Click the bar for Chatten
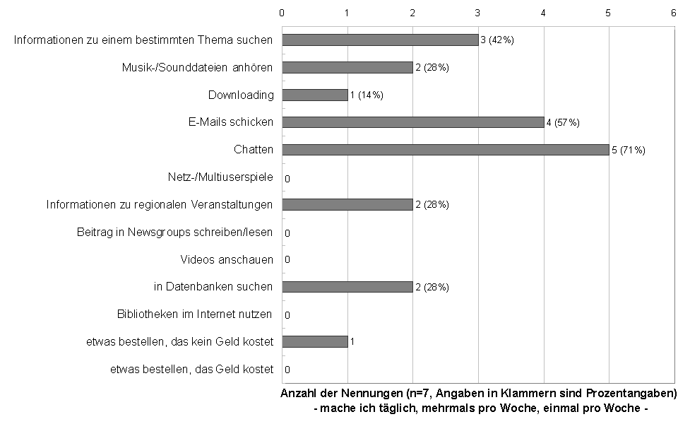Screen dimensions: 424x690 (x=445, y=150)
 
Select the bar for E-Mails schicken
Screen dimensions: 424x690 (x=412, y=122)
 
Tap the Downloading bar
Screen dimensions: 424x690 (x=315, y=95)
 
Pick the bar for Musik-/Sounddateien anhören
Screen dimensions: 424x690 (x=347, y=67)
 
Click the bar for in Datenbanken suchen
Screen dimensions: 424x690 (x=347, y=287)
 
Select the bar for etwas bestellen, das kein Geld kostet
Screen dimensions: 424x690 (x=315, y=341)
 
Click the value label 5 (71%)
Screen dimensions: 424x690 (x=628, y=150)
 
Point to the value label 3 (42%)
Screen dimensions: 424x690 (x=497, y=40)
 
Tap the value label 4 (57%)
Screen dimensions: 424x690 (x=562, y=123)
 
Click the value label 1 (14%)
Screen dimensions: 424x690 (x=367, y=95)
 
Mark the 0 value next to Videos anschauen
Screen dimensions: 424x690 (x=287, y=259)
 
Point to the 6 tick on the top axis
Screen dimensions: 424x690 (x=674, y=12)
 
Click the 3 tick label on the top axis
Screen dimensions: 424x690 (x=478, y=12)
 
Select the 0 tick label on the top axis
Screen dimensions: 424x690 (x=282, y=12)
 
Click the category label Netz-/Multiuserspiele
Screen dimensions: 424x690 (x=220, y=177)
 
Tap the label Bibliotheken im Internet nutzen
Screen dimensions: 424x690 (x=195, y=314)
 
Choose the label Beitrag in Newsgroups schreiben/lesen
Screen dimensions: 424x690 (x=174, y=232)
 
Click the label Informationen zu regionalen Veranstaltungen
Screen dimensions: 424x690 (x=160, y=204)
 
